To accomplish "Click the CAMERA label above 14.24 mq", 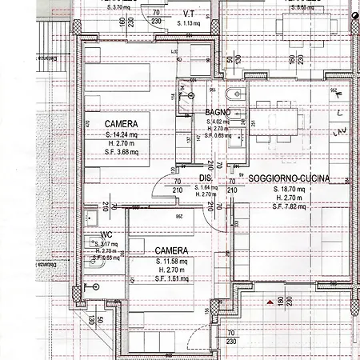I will [x=120, y=124].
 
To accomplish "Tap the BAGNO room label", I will [x=218, y=112].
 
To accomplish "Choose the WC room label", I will [x=106, y=236].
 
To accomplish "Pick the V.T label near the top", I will [x=190, y=14].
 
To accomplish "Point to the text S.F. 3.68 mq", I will [x=121, y=152].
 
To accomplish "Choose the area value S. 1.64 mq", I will [x=206, y=187].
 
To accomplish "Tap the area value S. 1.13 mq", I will [x=190, y=23].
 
